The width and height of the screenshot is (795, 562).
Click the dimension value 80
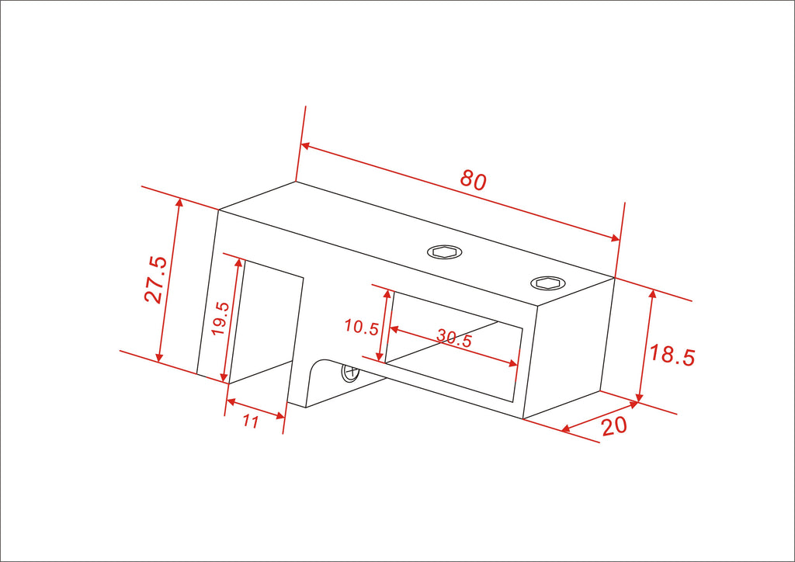(474, 180)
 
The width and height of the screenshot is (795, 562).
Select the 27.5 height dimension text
(155, 279)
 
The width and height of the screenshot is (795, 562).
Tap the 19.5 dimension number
(220, 318)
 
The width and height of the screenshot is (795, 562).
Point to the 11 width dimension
(251, 421)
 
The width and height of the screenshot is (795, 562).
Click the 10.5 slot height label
(362, 327)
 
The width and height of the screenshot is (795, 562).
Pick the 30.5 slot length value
(455, 338)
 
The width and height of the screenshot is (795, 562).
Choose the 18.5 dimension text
(672, 355)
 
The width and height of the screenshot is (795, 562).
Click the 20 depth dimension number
(615, 426)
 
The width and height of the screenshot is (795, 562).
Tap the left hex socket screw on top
(445, 252)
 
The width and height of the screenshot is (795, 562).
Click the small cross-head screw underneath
(350, 373)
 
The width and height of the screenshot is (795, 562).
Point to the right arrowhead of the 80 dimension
(616, 238)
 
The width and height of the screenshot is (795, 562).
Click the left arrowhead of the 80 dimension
(305, 146)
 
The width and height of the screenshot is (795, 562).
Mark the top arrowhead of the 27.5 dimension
(178, 203)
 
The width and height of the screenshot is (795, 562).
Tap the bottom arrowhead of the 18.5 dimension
(640, 397)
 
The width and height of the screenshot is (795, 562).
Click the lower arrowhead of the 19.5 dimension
(224, 377)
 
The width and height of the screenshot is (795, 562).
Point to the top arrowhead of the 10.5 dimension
(388, 295)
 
